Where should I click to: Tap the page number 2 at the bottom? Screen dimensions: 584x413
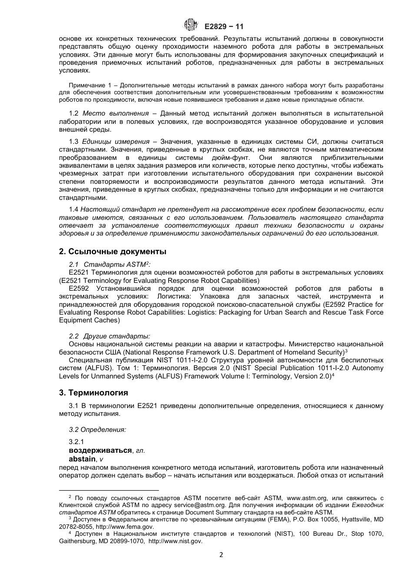(x=221, y=555)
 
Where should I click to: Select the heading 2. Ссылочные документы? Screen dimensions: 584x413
(x=113, y=252)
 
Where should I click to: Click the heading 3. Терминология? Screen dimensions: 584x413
(x=93, y=393)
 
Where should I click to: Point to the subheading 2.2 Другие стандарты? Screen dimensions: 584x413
(x=110, y=336)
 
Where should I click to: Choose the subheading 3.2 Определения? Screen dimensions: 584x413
(x=97, y=429)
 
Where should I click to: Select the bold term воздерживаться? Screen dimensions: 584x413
(x=100, y=450)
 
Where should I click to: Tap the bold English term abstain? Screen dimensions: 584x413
(x=82, y=459)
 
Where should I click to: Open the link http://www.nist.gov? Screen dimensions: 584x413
(x=175, y=541)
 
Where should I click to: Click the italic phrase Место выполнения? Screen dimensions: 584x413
(x=116, y=113)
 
